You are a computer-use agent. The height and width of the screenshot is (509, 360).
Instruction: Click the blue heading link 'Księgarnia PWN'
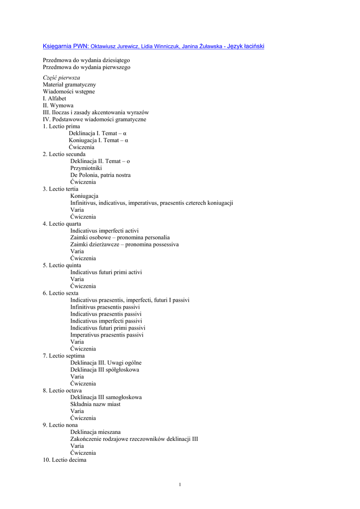click(x=65, y=46)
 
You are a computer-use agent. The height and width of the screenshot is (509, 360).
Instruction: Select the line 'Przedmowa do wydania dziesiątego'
click(x=86, y=60)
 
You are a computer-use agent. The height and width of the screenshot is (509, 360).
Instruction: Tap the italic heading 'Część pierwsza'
click(x=61, y=78)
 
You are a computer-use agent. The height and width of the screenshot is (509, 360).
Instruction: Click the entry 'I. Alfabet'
click(x=54, y=98)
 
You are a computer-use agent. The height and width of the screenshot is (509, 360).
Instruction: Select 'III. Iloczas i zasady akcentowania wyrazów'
click(x=96, y=112)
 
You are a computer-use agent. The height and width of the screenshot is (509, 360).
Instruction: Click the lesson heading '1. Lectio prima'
click(x=61, y=126)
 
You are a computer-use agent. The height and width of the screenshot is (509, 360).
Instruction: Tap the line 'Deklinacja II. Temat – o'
click(x=100, y=161)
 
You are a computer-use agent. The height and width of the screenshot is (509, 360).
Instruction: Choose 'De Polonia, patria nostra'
click(x=100, y=175)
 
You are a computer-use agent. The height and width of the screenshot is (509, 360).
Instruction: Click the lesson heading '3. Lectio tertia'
click(x=60, y=189)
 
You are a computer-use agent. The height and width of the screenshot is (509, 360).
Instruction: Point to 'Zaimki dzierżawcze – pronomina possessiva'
click(x=124, y=245)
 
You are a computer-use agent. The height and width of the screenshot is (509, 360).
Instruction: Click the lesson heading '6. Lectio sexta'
click(x=60, y=293)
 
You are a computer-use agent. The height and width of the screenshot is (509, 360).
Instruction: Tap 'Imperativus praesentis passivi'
click(x=106, y=335)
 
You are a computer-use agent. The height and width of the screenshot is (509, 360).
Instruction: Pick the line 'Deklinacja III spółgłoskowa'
click(x=104, y=370)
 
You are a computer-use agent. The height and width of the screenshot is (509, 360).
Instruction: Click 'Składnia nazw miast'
click(x=95, y=404)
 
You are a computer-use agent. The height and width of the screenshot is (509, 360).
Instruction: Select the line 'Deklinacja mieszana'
click(x=95, y=432)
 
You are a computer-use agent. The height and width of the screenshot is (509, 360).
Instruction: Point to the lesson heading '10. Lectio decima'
click(x=64, y=460)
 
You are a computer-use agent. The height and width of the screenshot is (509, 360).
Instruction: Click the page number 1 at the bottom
click(x=180, y=485)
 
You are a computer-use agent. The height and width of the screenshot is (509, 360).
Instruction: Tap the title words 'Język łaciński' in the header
click(x=246, y=46)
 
